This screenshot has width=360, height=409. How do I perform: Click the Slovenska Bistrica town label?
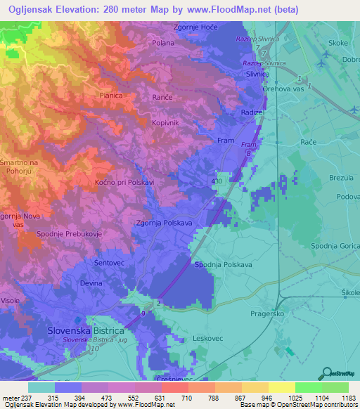[x=85, y=330]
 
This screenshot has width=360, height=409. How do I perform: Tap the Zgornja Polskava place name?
[x=163, y=223]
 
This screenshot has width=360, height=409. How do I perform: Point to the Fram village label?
[x=226, y=141]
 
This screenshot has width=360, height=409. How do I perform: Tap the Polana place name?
[x=163, y=43]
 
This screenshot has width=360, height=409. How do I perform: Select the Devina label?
[x=91, y=283]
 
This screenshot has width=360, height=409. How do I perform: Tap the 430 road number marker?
[x=217, y=181]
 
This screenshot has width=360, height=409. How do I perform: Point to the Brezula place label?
[x=341, y=178]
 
